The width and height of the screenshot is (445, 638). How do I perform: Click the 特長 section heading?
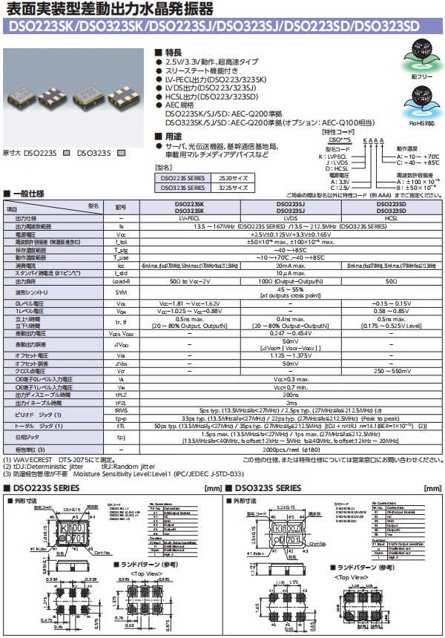(172, 53)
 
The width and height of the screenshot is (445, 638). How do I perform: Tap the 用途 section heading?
(172, 137)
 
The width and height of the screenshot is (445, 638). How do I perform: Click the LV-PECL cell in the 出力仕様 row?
(189, 219)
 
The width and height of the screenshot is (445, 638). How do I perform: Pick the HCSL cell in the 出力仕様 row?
(392, 219)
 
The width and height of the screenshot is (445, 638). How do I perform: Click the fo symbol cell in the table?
(121, 226)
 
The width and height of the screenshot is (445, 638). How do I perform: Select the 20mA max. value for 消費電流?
(291, 265)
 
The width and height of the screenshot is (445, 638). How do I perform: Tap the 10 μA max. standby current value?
(291, 273)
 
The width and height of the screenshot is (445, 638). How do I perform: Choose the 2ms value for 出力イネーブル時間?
(291, 403)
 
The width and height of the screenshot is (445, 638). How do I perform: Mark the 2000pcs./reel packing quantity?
(291, 450)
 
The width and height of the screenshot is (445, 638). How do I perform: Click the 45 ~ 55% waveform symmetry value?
(291, 290)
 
